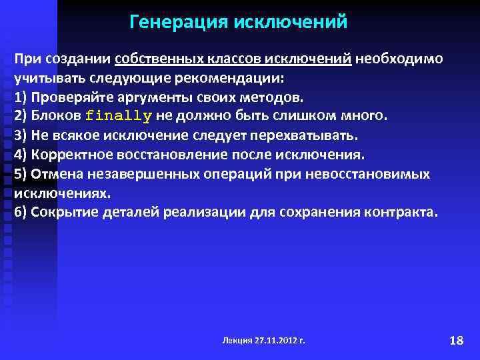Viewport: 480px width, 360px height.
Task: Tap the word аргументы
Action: click(x=158, y=97)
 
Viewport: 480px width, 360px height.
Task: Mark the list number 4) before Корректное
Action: click(x=20, y=155)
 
